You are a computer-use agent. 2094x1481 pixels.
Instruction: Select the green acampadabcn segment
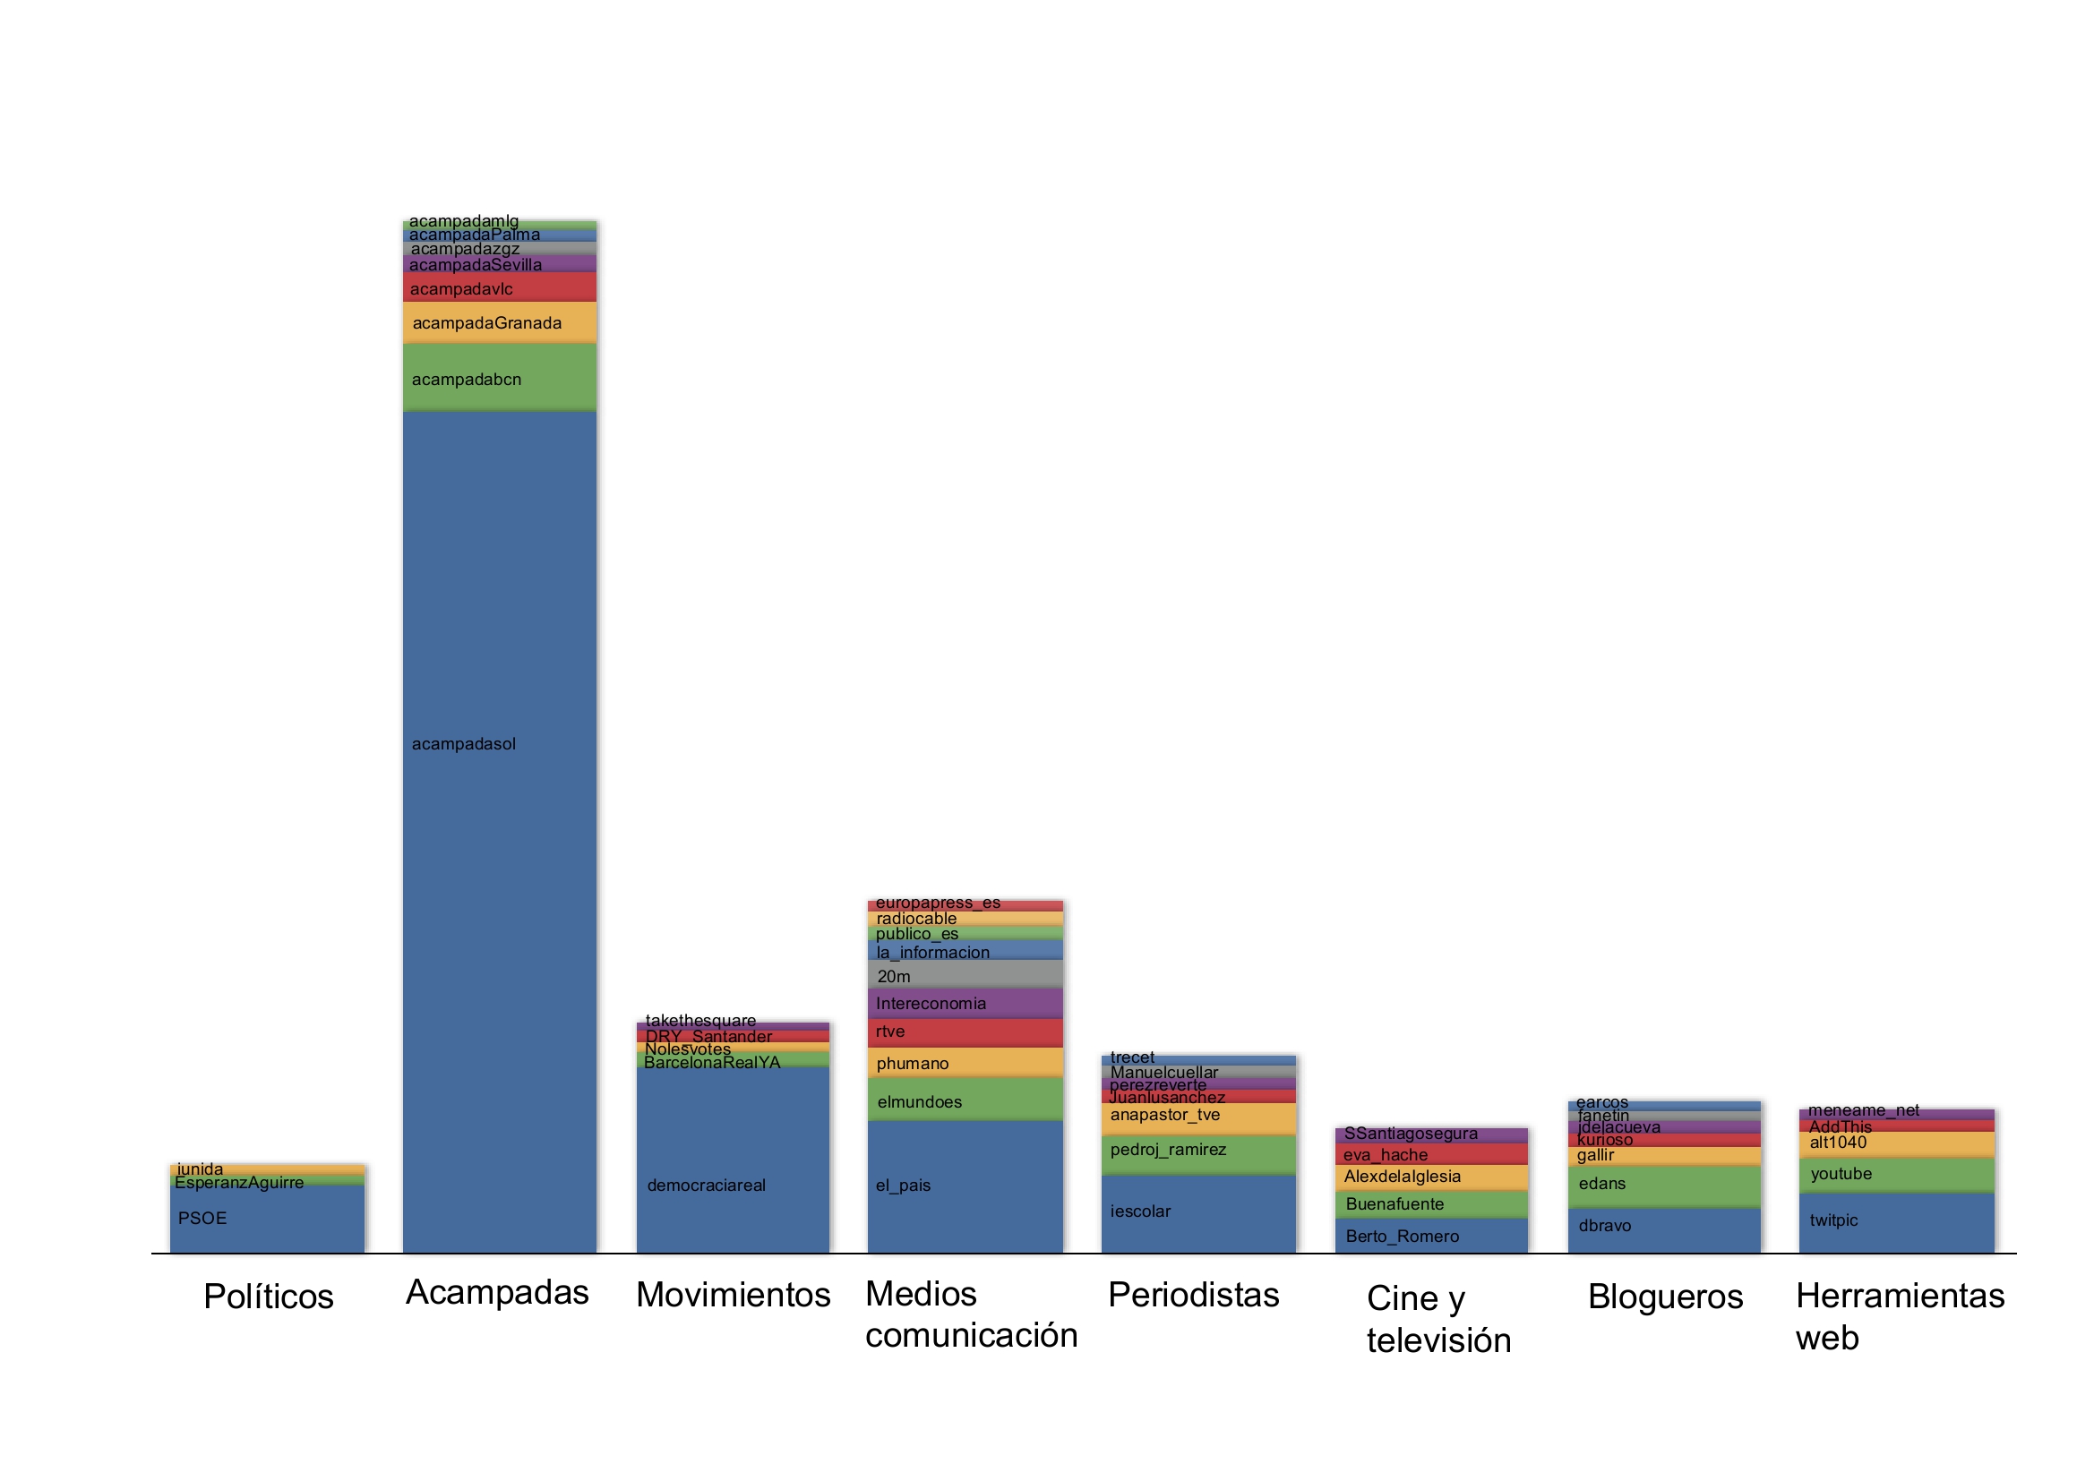tap(499, 378)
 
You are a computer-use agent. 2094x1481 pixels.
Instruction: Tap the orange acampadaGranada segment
tap(499, 322)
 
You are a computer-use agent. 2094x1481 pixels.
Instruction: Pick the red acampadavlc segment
tap(499, 287)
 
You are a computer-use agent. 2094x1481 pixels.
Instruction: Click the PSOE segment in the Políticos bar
tap(266, 1219)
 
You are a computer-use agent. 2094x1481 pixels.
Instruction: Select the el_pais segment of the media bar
tap(965, 1186)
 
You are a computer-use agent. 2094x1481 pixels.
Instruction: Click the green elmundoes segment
tap(965, 1100)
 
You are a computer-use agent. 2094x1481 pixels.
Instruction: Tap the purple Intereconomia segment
tap(965, 1003)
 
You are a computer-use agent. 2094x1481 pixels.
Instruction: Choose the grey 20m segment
tap(965, 974)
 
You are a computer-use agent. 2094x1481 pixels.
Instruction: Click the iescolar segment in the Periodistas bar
tap(1198, 1213)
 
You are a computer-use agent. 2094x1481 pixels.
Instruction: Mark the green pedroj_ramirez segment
tap(1198, 1153)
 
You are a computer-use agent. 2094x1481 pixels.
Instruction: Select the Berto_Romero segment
tap(1431, 1236)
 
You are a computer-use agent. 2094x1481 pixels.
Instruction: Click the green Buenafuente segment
tap(1431, 1203)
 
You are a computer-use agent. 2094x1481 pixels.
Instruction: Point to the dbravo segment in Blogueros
tap(1664, 1229)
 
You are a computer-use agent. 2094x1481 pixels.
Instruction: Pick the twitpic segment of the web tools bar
tap(1897, 1222)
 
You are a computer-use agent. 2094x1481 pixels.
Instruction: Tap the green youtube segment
tap(1897, 1175)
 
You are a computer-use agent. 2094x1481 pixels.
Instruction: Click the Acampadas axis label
tap(497, 1292)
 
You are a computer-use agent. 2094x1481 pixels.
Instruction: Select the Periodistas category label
tap(1193, 1295)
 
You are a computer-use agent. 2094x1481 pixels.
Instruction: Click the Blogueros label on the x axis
tap(1665, 1297)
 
